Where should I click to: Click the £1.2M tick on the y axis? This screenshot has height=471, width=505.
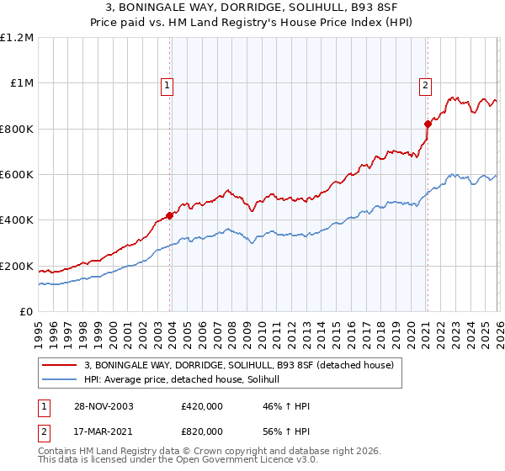[19, 38]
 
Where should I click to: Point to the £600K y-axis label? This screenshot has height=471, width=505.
[18, 175]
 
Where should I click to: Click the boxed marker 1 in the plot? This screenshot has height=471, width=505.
[167, 84]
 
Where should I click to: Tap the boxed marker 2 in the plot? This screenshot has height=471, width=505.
[426, 84]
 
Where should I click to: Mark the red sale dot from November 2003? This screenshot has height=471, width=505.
[170, 215]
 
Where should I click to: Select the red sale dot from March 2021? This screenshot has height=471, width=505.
[427, 124]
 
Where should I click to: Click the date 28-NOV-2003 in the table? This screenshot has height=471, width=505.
[98, 406]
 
